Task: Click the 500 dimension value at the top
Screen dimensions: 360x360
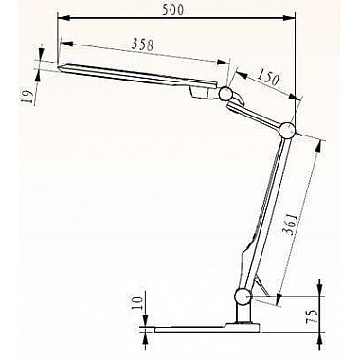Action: click(x=172, y=9)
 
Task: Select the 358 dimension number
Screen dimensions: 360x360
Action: click(x=142, y=45)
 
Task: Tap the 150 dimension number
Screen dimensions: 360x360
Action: click(x=267, y=78)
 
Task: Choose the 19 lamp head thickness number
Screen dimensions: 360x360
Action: click(x=28, y=97)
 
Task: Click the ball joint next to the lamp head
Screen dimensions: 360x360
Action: click(x=225, y=94)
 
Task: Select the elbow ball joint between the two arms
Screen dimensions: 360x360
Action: click(x=288, y=131)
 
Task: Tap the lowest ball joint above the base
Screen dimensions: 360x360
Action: click(x=243, y=297)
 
